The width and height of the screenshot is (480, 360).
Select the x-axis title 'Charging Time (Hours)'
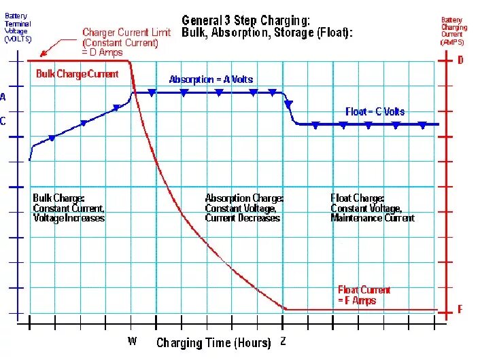pyautogui.click(x=213, y=342)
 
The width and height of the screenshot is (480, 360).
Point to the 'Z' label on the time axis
pyautogui.click(x=283, y=341)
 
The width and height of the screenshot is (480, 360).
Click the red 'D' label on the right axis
pyautogui.click(x=460, y=60)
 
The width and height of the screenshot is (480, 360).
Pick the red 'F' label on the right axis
pyautogui.click(x=460, y=310)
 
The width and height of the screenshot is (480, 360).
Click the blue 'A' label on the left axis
pyautogui.click(x=3, y=97)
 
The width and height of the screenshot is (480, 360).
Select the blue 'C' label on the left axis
pyautogui.click(x=3, y=122)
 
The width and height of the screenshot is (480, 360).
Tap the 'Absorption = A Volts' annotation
pyautogui.click(x=211, y=79)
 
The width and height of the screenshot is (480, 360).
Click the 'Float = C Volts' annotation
pyautogui.click(x=375, y=112)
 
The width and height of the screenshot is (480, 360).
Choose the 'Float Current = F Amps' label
pyautogui.click(x=364, y=295)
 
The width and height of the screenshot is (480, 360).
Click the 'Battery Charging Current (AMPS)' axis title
pyautogui.click(x=453, y=31)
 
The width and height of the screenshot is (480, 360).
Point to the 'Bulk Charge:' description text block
pyautogui.click(x=69, y=208)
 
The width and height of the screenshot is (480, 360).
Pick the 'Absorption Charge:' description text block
pyautogui.click(x=244, y=208)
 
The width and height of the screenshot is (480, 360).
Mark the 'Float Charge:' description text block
pyautogui.click(x=372, y=208)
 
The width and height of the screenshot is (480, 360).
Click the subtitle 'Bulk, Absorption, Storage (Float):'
pyautogui.click(x=267, y=33)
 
